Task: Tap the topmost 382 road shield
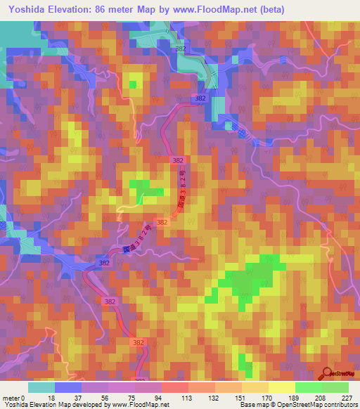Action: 181,48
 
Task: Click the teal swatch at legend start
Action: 41,387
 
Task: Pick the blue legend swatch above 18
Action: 68,387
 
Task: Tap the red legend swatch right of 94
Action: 175,387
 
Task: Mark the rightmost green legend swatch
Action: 335,387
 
